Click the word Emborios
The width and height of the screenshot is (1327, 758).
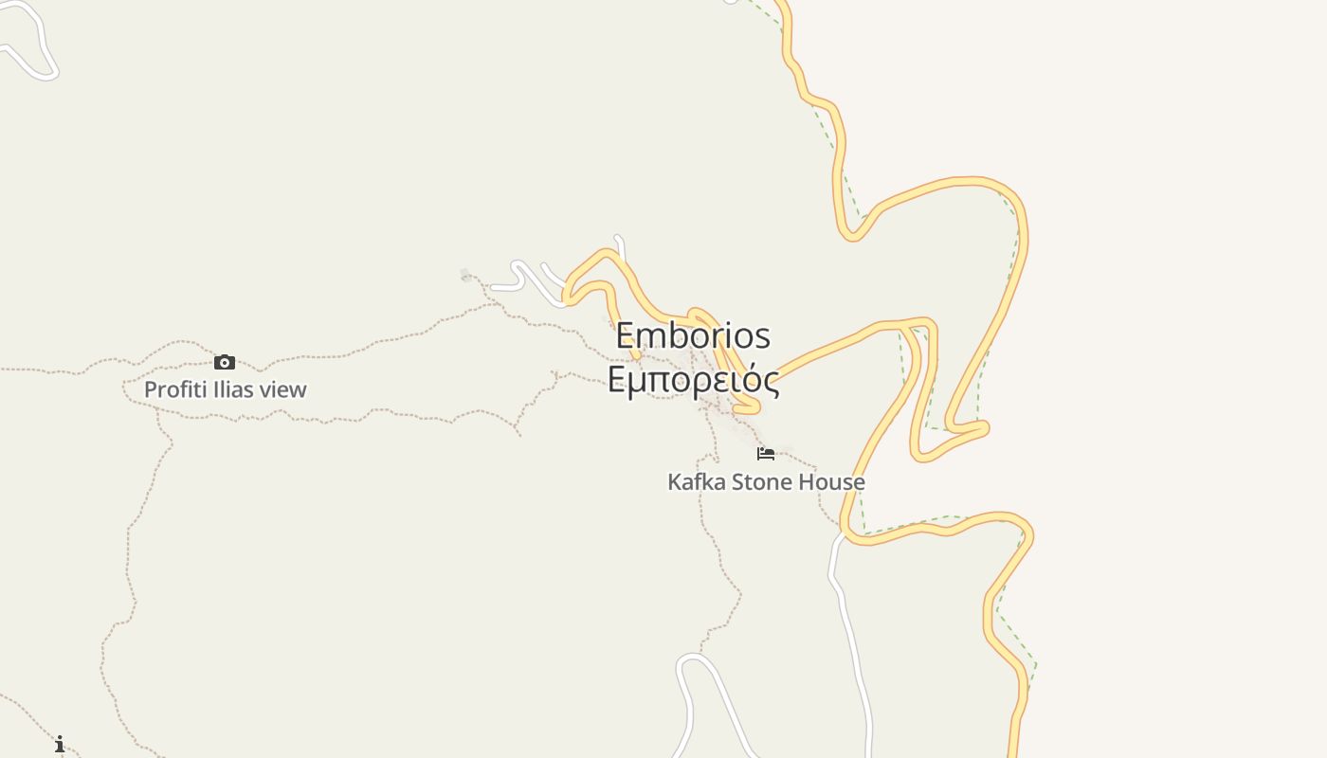coord(693,336)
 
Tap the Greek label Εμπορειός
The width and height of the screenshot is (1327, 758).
coord(693,380)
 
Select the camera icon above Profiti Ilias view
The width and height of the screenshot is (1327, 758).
coord(225,362)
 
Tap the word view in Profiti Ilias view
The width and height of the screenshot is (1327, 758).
coord(283,389)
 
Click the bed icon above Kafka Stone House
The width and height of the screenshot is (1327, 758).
coord(766,454)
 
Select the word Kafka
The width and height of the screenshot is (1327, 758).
coord(697,481)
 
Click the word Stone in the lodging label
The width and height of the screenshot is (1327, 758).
coord(762,481)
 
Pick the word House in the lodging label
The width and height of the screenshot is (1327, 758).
coord(831,481)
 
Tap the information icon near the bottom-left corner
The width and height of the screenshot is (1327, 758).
coord(60,744)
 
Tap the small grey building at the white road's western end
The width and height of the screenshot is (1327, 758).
coord(465,275)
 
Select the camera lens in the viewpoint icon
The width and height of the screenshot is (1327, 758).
coord(225,363)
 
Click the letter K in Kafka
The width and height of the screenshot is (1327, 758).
coord(674,481)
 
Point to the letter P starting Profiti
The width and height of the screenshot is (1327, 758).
coord(150,389)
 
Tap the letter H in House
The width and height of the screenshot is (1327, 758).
coord(806,481)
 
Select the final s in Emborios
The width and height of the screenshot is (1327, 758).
coord(763,337)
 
